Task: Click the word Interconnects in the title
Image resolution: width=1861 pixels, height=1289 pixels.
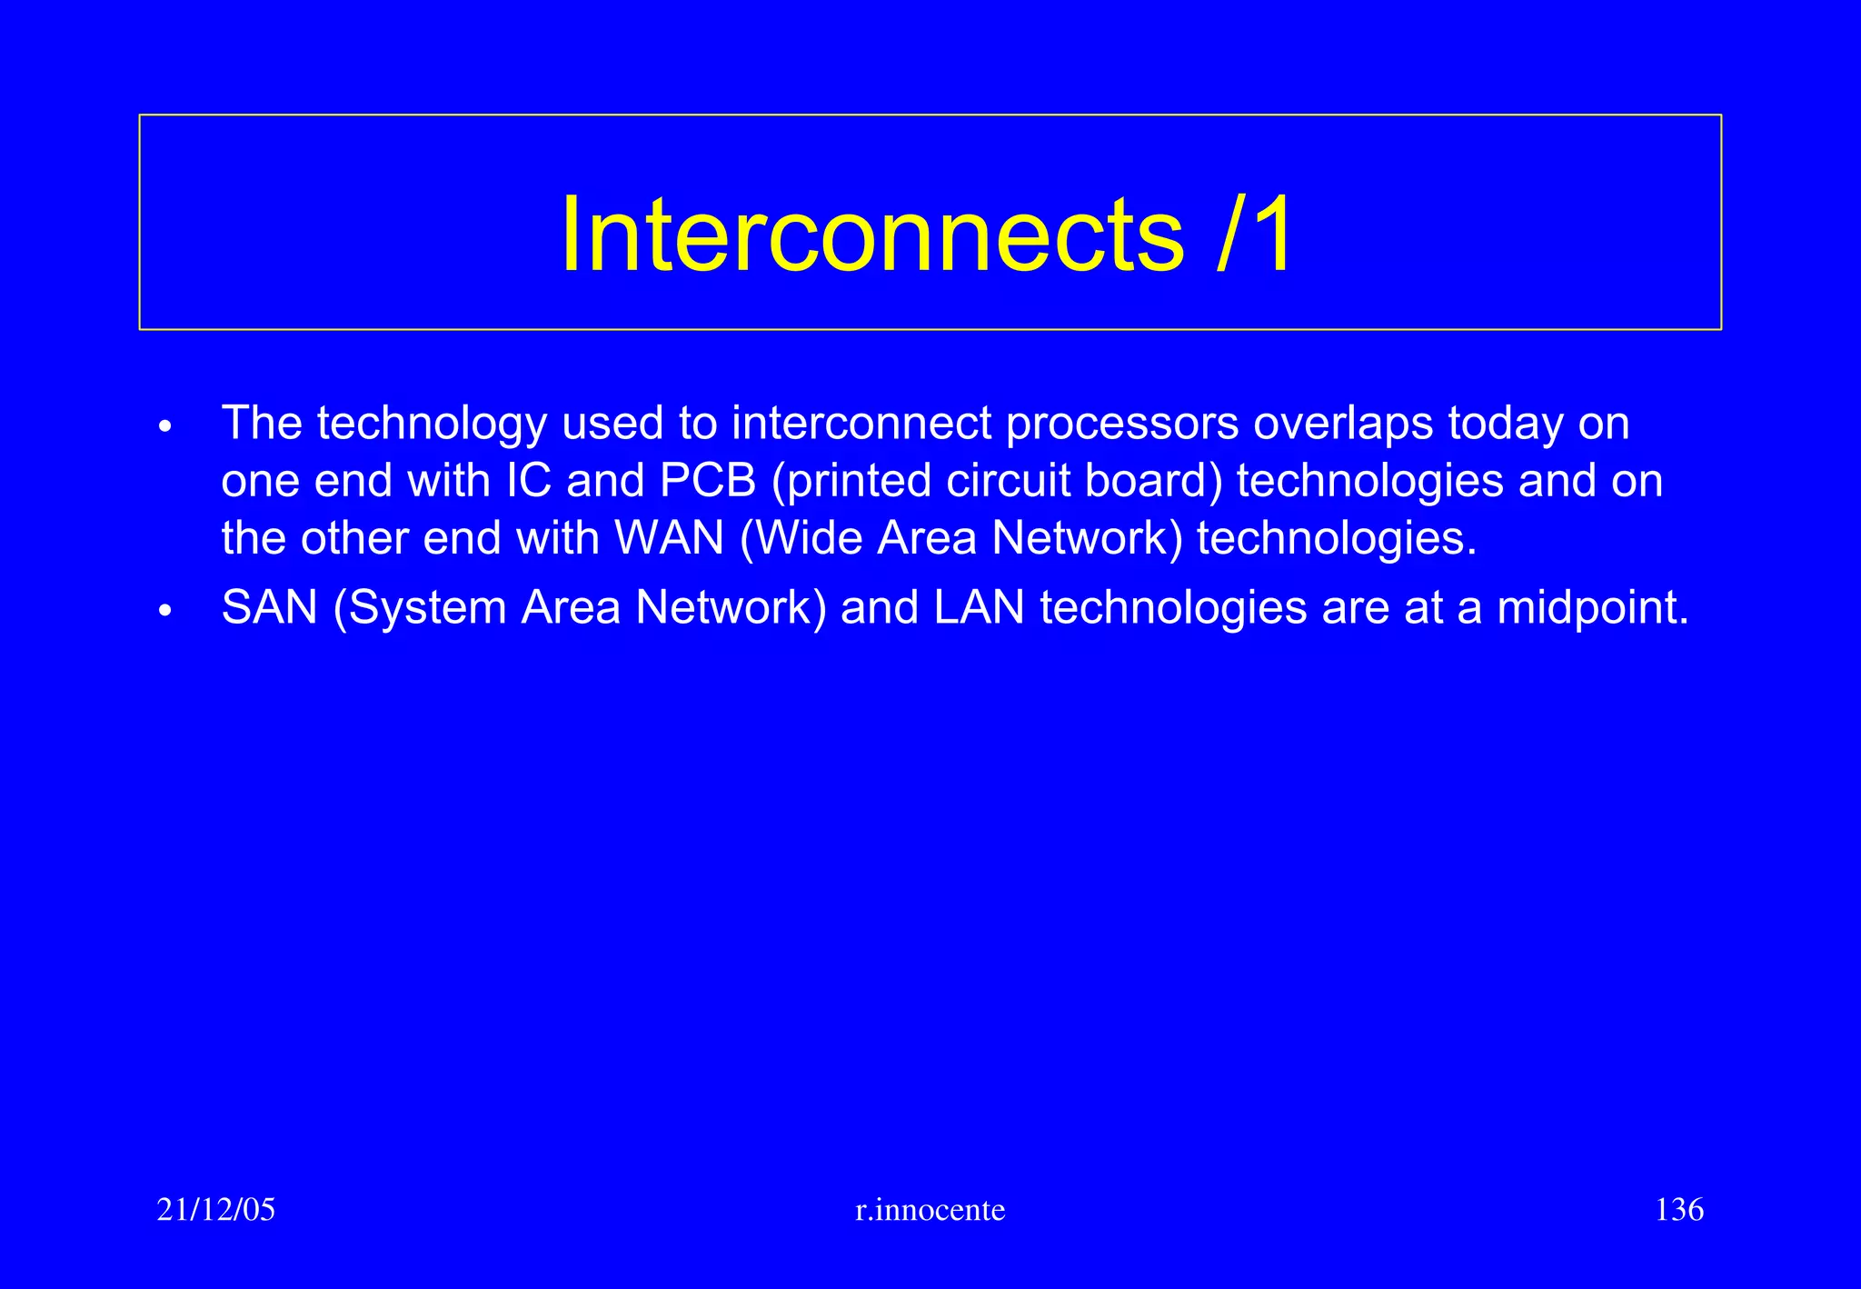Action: coord(872,235)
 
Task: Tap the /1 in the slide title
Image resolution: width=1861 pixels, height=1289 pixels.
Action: coord(1256,235)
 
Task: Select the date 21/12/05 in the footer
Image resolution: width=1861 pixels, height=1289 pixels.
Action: coord(215,1210)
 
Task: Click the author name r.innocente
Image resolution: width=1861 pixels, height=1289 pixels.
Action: coord(930,1210)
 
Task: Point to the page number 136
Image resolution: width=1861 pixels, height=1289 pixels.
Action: coord(1679,1210)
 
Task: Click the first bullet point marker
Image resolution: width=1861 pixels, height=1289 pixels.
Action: coord(164,426)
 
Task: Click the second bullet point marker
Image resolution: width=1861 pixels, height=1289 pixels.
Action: coord(164,611)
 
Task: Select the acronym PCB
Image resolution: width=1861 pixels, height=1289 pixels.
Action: coord(708,481)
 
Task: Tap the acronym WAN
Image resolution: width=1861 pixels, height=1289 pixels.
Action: coord(670,538)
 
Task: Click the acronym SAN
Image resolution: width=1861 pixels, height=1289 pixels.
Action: coord(269,607)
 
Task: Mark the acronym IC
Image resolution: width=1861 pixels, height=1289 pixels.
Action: coord(529,481)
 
